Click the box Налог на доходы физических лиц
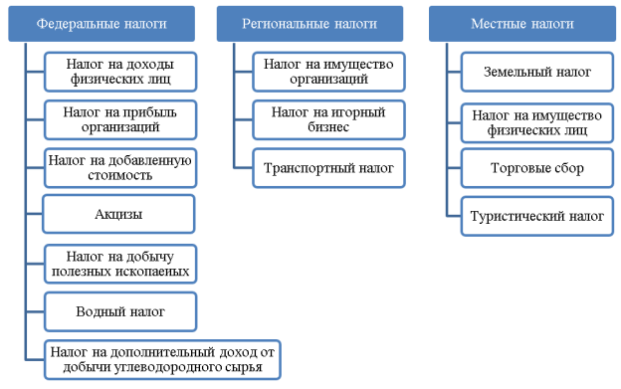coord(119,72)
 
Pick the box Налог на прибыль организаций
coord(119,119)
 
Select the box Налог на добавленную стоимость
coord(119,167)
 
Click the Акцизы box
coord(119,214)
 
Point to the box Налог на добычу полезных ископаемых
coord(119,264)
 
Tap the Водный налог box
coord(119,311)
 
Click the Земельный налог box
coord(537,72)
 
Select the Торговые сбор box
coord(537,168)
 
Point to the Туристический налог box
coord(537,216)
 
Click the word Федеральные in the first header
coord(70,22)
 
